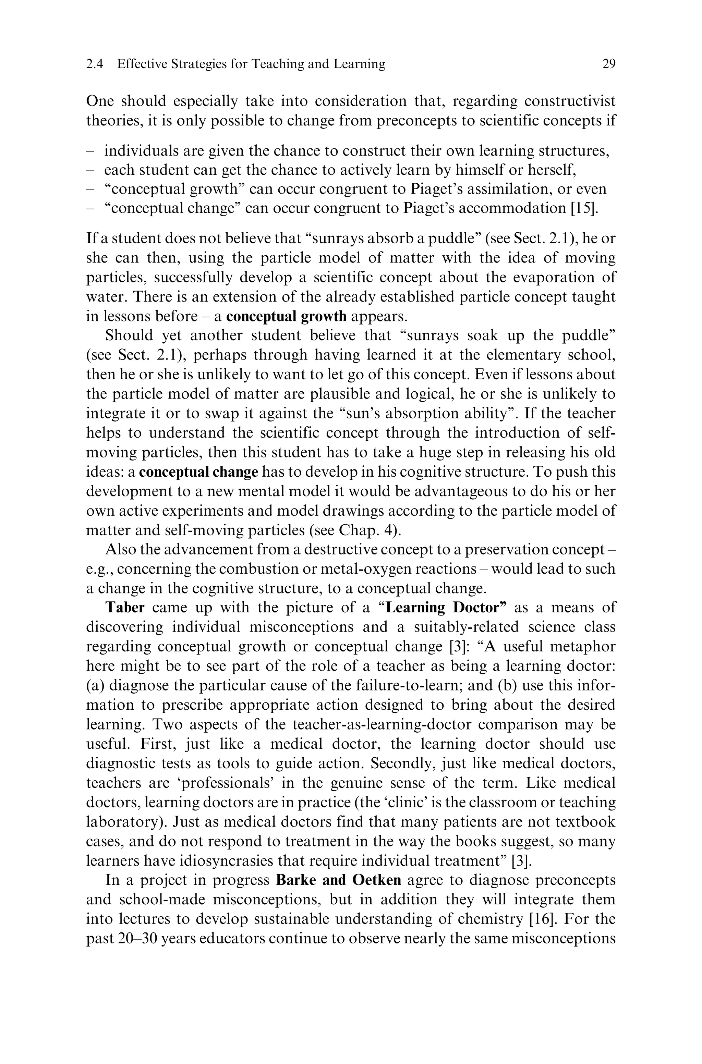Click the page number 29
609,64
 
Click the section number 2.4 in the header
95,64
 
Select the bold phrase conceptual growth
286,316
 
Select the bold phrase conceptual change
198,472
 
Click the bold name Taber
124,608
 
